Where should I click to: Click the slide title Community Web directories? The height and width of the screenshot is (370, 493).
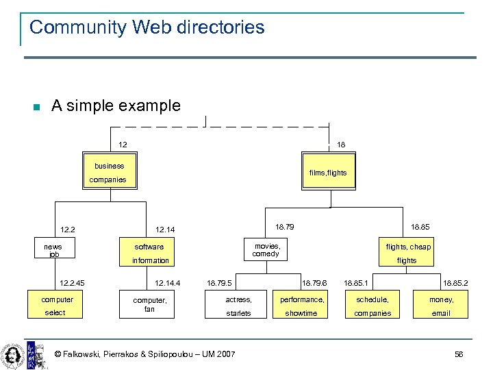click(x=147, y=27)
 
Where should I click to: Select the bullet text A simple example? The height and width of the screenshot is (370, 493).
click(x=116, y=106)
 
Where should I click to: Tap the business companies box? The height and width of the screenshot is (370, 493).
click(x=110, y=172)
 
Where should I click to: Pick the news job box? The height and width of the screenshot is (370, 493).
click(x=53, y=250)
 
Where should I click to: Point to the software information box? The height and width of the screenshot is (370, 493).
click(x=150, y=253)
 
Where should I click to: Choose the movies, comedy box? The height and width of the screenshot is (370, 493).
click(x=266, y=250)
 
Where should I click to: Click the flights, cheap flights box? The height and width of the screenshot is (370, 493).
click(x=407, y=253)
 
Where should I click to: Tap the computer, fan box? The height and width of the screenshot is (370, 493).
click(x=149, y=305)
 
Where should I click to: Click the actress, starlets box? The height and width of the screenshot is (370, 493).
click(x=238, y=306)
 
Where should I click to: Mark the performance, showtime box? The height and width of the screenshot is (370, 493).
click(x=301, y=306)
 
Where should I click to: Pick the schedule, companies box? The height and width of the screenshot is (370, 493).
click(x=372, y=306)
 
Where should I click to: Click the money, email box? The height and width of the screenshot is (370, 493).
click(x=441, y=306)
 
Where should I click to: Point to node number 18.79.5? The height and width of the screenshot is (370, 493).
click(x=219, y=282)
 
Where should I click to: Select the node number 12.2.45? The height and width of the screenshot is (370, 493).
click(x=72, y=282)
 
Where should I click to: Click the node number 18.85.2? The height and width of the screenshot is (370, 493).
click(x=455, y=282)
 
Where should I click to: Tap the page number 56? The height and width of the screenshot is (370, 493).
click(x=459, y=354)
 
